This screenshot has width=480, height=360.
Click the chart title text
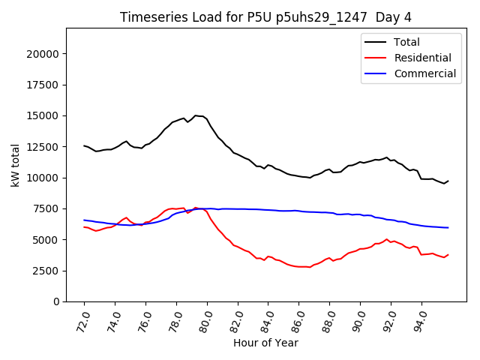pyautogui.click(x=265, y=16)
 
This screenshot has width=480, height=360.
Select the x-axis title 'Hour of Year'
pyautogui.click(x=265, y=343)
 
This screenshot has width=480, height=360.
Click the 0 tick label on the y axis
pyautogui.click(x=56, y=301)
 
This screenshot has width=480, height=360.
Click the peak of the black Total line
pyautogui.click(x=196, y=115)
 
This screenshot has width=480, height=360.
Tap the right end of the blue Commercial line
pyautogui.click(x=448, y=227)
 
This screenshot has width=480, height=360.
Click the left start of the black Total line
pyautogui.click(x=84, y=145)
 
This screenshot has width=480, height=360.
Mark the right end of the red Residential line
pyautogui.click(x=448, y=255)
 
